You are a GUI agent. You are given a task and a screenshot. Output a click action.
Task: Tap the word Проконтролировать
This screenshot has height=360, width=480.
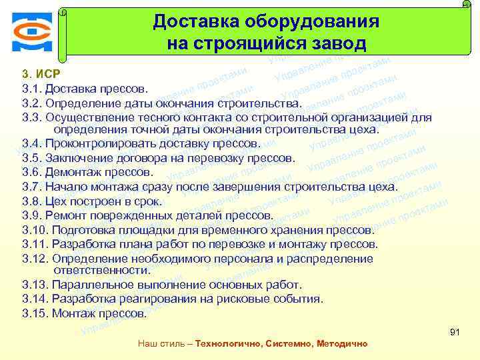click(93, 143)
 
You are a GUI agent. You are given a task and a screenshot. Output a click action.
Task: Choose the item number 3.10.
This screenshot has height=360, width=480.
click(34, 230)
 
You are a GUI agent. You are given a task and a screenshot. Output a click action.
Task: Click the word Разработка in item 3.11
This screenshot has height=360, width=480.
click(85, 244)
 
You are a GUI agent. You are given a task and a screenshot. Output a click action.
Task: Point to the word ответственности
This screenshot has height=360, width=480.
click(101, 270)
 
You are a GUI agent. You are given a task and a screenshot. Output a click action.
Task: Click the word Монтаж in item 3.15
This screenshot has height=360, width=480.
click(71, 313)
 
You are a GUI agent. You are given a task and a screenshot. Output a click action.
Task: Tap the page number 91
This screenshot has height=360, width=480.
click(456, 331)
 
